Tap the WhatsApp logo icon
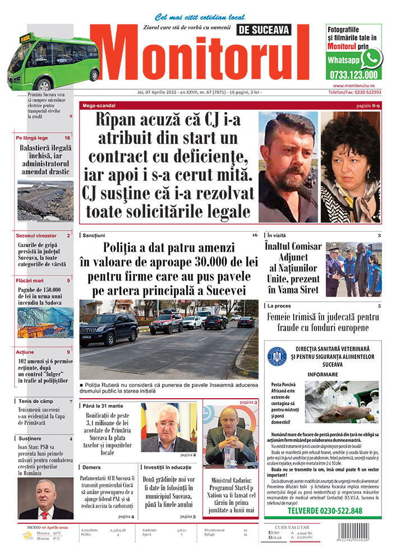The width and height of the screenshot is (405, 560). click(x=371, y=59)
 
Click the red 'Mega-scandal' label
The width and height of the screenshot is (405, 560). click(x=99, y=105)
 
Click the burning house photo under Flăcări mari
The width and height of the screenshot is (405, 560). click(x=45, y=322)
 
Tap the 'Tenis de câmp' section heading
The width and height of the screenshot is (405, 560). click(x=35, y=401)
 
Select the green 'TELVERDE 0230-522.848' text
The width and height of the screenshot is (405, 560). click(x=324, y=511)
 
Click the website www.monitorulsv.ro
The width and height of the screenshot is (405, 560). click(x=353, y=85)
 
